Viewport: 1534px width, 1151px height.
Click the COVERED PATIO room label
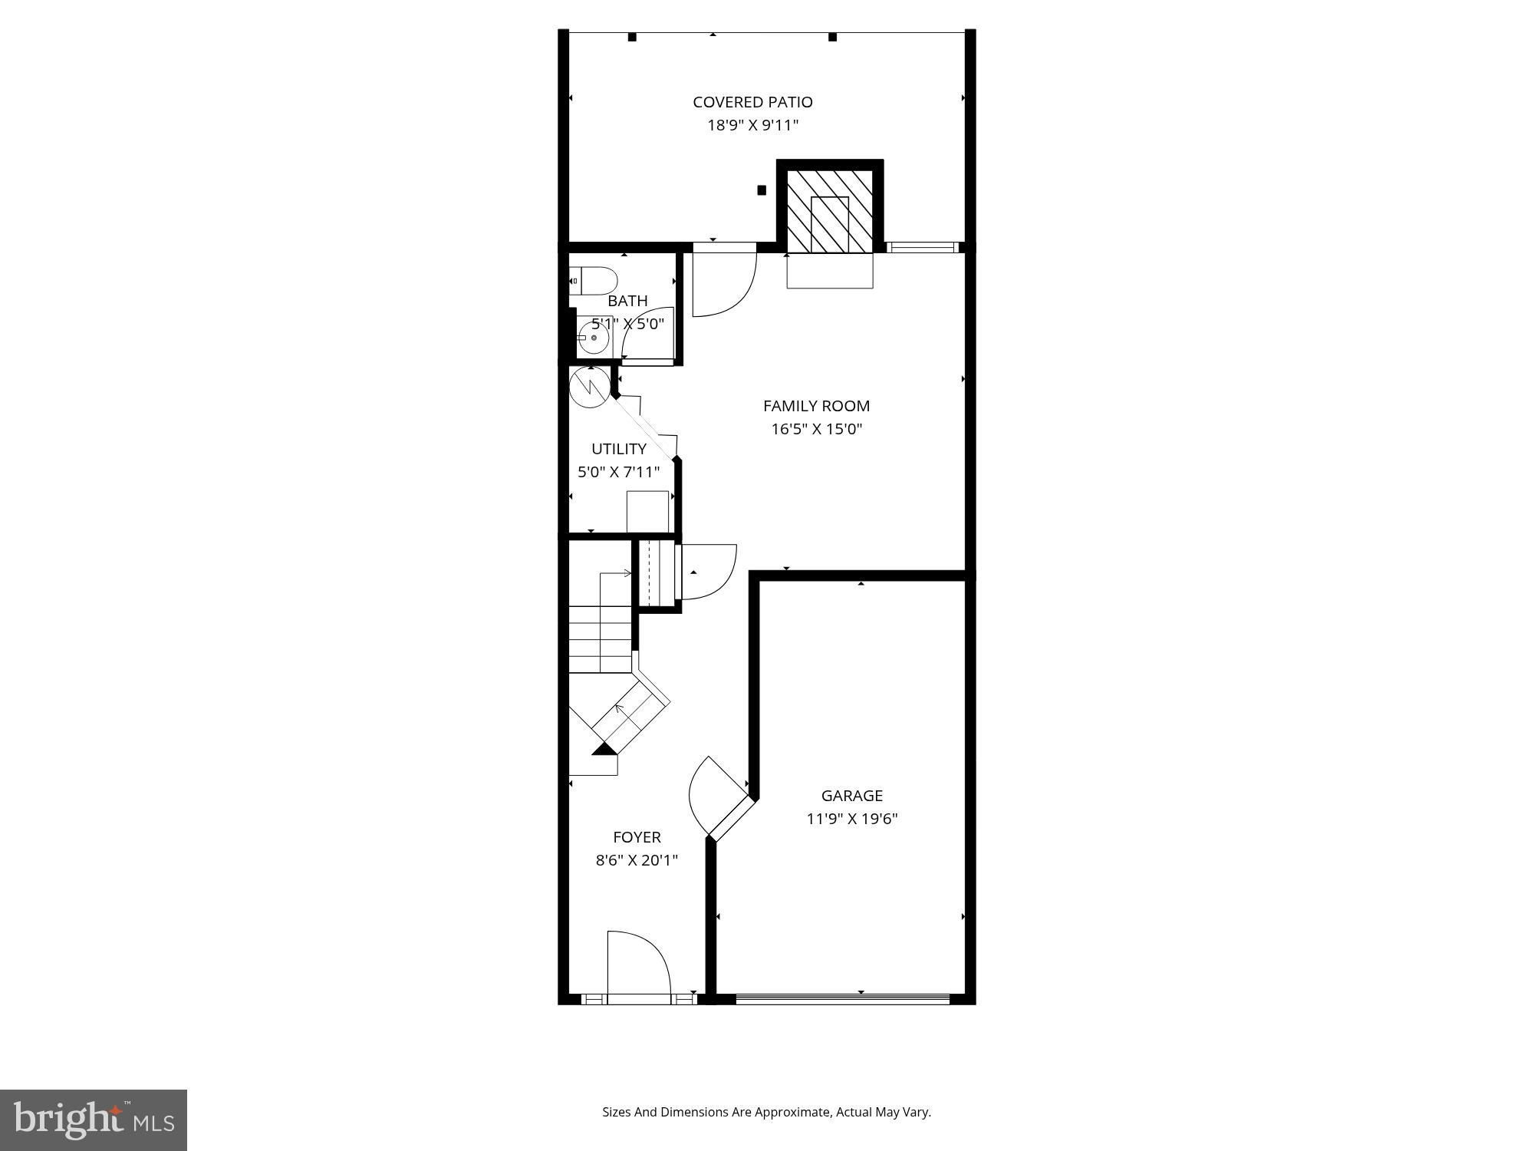point(752,102)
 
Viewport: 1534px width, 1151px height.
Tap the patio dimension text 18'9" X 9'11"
point(752,125)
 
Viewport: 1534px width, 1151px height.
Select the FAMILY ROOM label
point(816,406)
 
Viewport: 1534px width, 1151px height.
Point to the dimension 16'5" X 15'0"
point(817,429)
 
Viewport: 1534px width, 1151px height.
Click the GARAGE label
point(851,796)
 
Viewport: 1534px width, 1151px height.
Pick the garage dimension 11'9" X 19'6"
point(851,819)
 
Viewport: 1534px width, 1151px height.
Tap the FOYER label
point(637,837)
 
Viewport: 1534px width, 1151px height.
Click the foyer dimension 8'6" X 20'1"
point(637,860)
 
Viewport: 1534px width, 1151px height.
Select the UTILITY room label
point(618,449)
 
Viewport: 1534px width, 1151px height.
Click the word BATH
point(627,301)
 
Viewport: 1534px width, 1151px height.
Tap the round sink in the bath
point(593,338)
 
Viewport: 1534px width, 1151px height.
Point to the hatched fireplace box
point(830,212)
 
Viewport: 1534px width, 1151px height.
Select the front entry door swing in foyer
point(638,963)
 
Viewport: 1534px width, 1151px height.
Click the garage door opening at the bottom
point(842,998)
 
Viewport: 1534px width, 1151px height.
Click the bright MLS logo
point(94,1120)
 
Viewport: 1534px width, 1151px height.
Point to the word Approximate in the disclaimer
point(793,1112)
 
